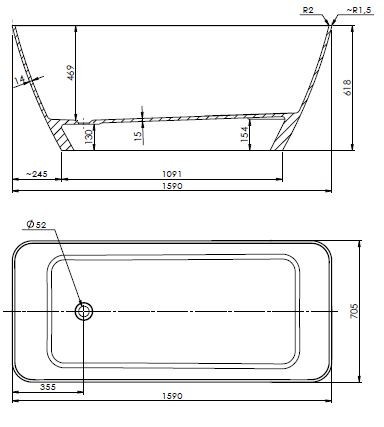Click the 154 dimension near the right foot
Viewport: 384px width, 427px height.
click(x=245, y=132)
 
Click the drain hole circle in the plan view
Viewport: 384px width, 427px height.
click(x=84, y=311)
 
